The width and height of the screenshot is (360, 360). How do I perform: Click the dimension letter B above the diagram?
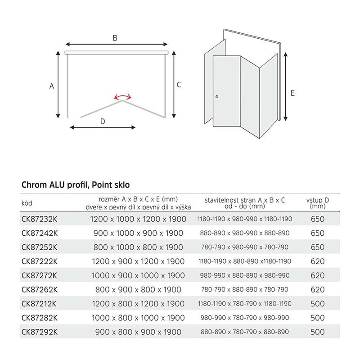(x=115, y=38)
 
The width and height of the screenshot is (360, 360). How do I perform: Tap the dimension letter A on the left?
(x=52, y=85)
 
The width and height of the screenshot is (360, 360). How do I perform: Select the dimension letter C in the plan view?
(x=179, y=84)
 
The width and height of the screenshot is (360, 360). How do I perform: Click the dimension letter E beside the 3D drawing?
(x=292, y=93)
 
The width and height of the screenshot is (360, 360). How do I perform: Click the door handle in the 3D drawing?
(x=216, y=96)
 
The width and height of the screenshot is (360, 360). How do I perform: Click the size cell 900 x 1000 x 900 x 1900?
(x=138, y=233)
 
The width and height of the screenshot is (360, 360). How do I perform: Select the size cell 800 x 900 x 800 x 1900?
(x=138, y=290)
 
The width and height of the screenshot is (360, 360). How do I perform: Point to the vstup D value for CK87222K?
(x=318, y=261)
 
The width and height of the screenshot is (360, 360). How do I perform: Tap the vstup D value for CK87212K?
(x=318, y=304)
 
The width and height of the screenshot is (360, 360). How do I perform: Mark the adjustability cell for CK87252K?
(x=245, y=247)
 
